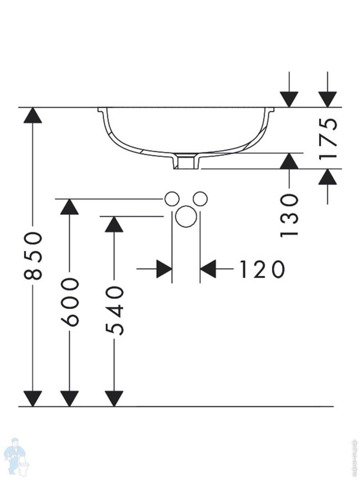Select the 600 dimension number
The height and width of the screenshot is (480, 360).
(70, 302)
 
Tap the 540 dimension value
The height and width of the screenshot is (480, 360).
(114, 311)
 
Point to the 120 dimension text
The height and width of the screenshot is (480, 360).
(262, 269)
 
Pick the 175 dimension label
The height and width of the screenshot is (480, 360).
(327, 138)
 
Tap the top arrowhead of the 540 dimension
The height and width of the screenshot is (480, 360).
(114, 224)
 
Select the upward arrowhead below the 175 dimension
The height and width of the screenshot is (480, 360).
(327, 177)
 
